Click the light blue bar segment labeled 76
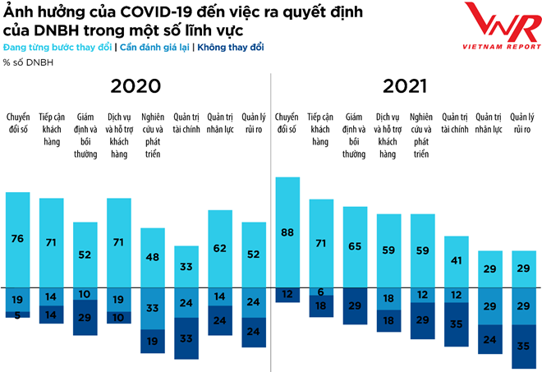point(18,239)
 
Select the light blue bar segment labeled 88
point(287,232)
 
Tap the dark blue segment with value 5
point(18,315)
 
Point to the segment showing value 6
point(321,292)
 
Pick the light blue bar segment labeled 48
point(154,257)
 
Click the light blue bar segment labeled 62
point(220,248)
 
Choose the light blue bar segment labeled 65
point(355,246)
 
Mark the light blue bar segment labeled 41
point(456,261)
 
